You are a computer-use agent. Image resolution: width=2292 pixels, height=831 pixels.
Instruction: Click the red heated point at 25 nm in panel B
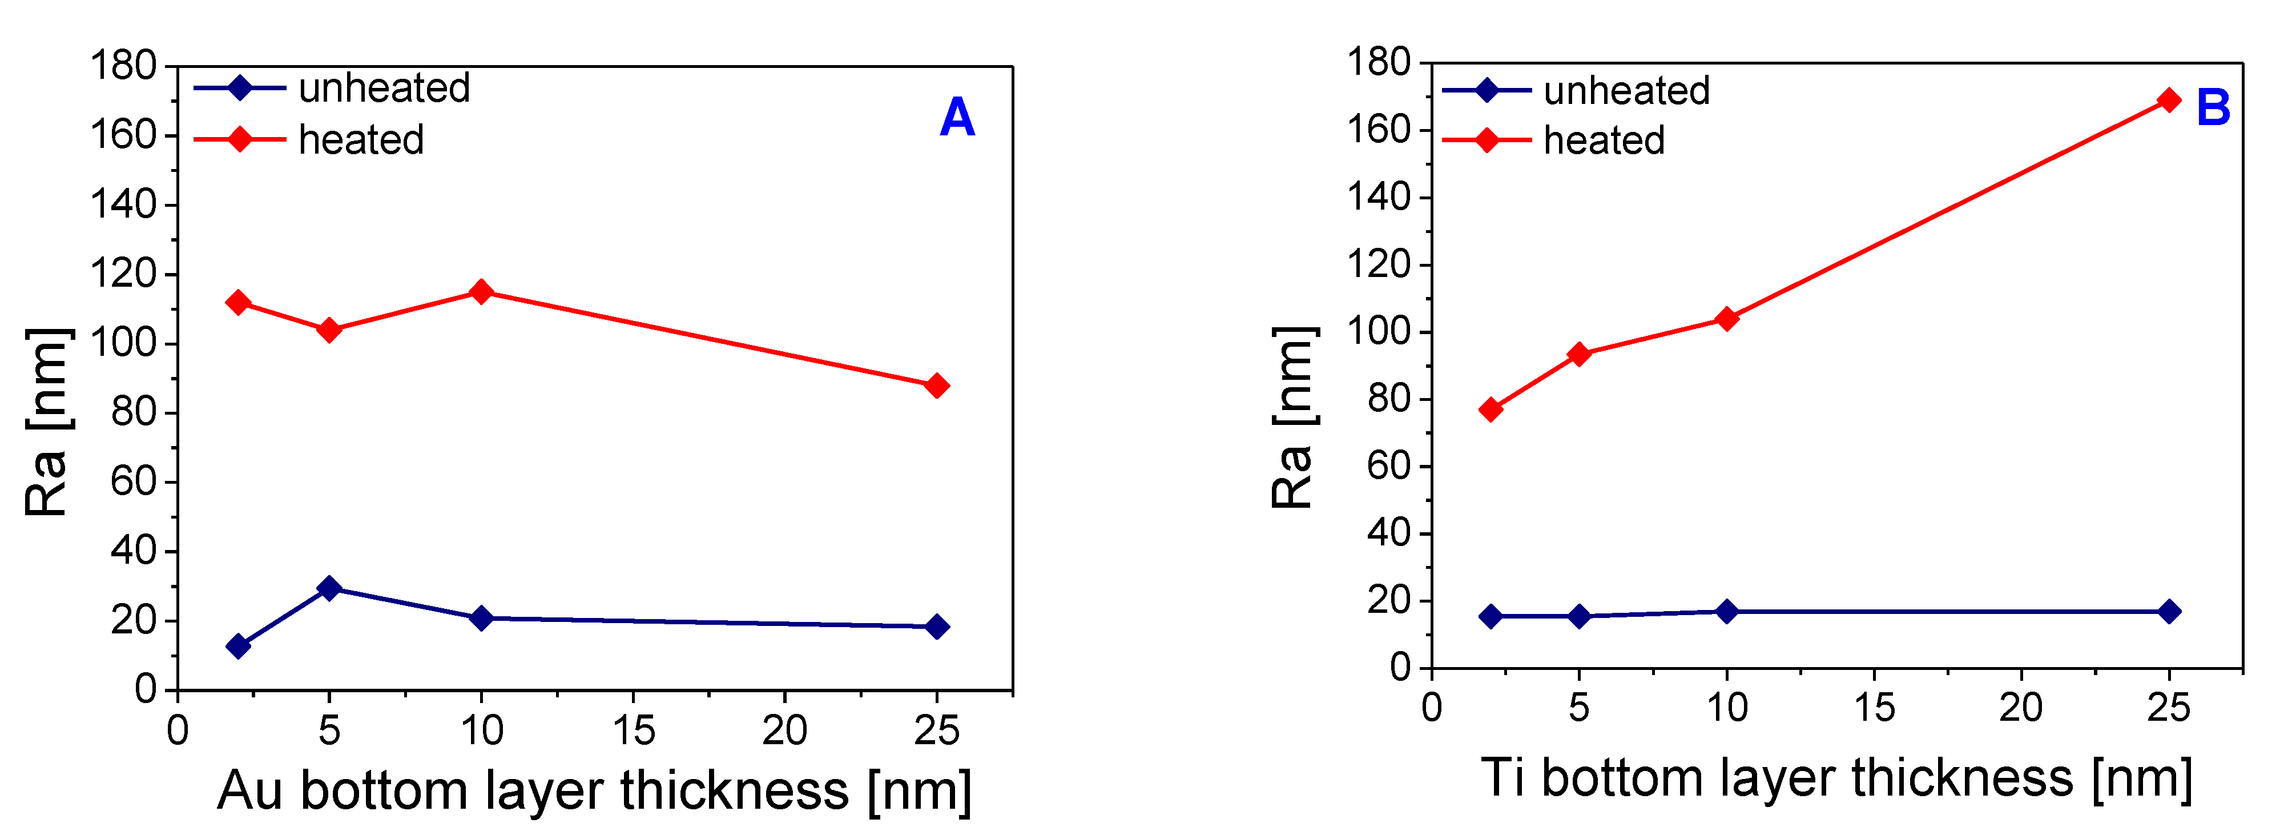[2169, 99]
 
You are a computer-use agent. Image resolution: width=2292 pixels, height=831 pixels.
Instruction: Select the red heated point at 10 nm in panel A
[481, 292]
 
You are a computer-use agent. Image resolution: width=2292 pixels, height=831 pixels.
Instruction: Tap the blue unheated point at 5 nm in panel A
[329, 588]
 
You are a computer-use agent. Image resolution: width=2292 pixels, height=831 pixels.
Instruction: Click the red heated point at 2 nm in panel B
[1491, 410]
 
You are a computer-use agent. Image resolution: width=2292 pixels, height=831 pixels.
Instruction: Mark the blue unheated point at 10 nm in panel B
[1726, 611]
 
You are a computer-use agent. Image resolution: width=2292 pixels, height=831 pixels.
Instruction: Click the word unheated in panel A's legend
[384, 88]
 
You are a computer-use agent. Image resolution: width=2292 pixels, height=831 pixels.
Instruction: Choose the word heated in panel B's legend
[1604, 140]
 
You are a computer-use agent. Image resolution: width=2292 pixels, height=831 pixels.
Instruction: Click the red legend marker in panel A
[239, 140]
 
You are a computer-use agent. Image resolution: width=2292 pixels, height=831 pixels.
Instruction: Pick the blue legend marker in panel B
[1487, 91]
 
